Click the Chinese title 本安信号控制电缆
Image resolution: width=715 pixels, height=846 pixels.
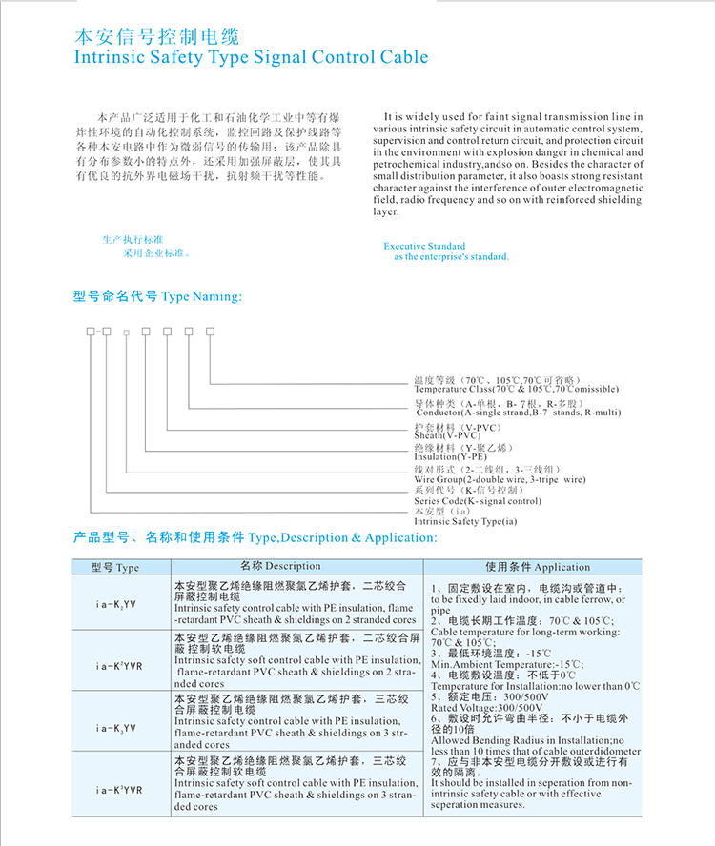(157, 38)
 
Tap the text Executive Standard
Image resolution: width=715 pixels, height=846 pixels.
(424, 246)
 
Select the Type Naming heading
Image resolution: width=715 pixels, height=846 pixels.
(201, 297)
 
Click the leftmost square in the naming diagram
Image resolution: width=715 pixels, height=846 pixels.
(91, 331)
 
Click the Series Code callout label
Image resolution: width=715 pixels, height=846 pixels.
(478, 501)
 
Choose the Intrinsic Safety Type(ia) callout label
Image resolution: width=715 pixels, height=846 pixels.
(465, 522)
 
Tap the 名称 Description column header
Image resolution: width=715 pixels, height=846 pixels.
(280, 566)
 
